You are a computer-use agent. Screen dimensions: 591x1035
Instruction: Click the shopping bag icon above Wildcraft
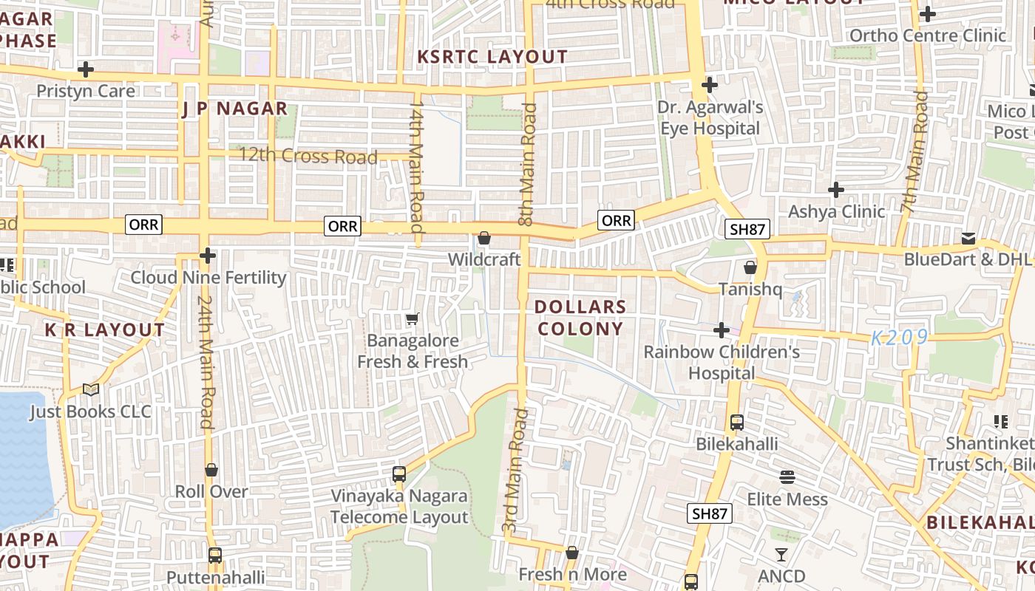point(484,238)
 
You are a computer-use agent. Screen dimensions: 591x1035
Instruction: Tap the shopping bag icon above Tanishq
point(750,267)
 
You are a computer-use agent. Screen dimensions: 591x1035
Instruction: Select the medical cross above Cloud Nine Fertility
point(208,256)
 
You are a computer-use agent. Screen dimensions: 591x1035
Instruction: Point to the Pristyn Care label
point(86,91)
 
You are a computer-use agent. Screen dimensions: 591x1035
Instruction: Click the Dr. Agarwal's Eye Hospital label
point(710,118)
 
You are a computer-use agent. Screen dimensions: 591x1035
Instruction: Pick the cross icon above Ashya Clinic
point(836,190)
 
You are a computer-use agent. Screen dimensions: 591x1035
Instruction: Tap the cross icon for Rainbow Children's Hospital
point(722,330)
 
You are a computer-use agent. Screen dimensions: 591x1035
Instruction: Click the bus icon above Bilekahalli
point(737,423)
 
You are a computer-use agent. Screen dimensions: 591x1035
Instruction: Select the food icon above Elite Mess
point(787,477)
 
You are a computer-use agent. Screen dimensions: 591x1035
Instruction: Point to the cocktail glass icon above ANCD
point(781,554)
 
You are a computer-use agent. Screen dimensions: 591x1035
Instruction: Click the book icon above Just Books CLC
point(90,389)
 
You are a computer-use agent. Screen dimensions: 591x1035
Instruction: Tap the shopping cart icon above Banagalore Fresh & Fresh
point(413,319)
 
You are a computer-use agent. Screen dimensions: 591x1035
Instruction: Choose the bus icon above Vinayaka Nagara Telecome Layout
point(399,474)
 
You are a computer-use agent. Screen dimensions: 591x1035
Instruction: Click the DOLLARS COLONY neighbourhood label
point(580,318)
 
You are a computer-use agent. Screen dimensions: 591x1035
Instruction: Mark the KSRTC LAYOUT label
point(492,57)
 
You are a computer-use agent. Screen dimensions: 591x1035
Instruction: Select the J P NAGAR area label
point(235,109)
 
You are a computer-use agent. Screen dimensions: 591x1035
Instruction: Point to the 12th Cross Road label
point(308,157)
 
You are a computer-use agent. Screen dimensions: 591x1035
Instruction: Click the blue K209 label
point(899,338)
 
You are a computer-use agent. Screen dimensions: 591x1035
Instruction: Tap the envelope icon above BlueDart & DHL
point(968,238)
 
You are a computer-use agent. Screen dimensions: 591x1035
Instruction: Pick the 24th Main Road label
point(206,362)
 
